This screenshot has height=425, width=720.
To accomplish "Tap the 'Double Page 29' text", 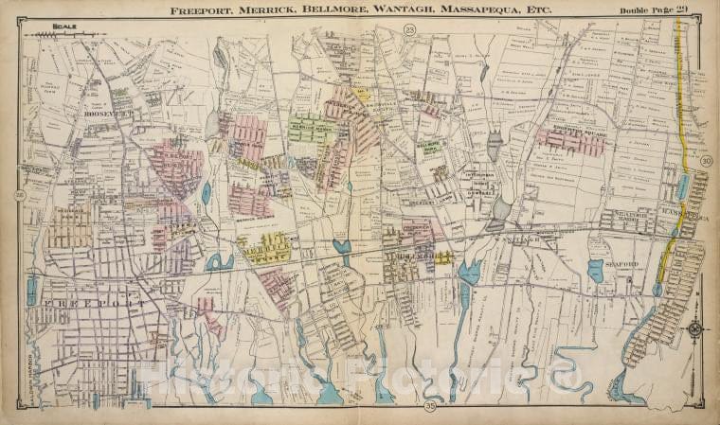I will (x=655, y=11).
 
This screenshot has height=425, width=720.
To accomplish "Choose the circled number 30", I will (x=706, y=162).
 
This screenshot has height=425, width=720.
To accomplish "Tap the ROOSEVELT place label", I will (x=105, y=113).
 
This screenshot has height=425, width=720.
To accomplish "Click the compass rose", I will (x=696, y=329).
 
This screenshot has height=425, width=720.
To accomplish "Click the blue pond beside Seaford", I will (x=595, y=271).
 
